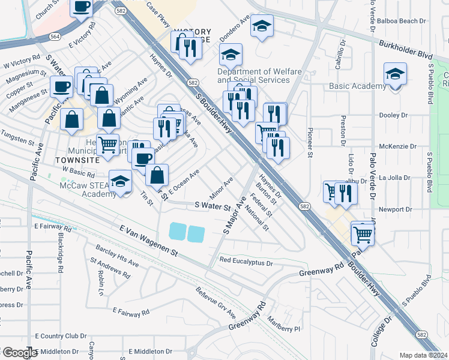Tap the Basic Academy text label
click(x=358, y=86)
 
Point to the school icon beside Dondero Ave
click(x=262, y=26)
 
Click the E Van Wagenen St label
click(x=149, y=241)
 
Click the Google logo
click(x=19, y=353)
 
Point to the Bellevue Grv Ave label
click(x=215, y=302)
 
